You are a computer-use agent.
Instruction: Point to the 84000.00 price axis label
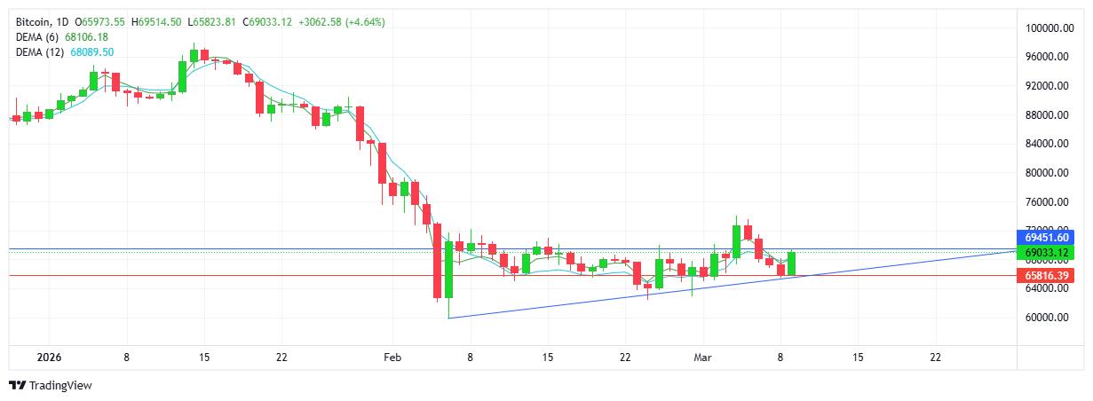[x=1046, y=144]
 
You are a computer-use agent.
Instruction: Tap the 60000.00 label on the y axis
[x=1046, y=318]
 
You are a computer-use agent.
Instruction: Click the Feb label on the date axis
[x=392, y=357]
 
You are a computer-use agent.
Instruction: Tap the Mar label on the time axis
[x=702, y=357]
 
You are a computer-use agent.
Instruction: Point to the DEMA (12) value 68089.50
[x=90, y=52]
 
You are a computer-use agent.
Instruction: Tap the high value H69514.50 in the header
[x=157, y=21]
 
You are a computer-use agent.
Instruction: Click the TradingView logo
[x=50, y=385]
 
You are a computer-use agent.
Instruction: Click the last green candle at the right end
[x=791, y=263]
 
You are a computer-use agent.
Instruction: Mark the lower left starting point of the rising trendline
[x=449, y=318]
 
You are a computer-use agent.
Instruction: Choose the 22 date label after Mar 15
[x=935, y=357]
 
